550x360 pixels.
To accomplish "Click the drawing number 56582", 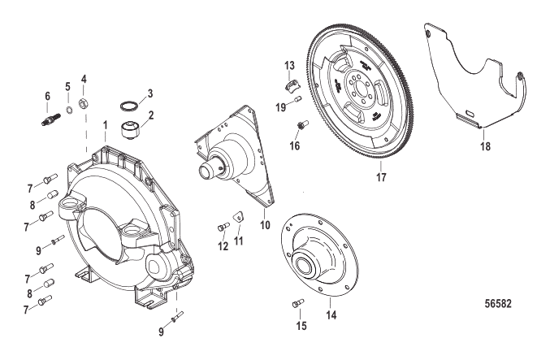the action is click(498, 303).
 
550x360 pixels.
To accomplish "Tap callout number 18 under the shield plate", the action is click(486, 146).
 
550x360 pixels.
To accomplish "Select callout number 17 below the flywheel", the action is click(381, 177).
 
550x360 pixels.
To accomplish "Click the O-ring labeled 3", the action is click(128, 106).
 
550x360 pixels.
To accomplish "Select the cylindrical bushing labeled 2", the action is click(130, 130).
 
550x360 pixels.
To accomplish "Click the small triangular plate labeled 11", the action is click(238, 216).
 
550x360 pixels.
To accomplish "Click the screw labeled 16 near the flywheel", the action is click(302, 125).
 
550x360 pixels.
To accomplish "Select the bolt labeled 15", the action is click(298, 303).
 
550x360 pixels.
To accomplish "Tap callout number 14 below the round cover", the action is click(331, 314).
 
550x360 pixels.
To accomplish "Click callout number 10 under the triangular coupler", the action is click(265, 224).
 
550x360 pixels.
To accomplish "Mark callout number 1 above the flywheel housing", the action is click(105, 125).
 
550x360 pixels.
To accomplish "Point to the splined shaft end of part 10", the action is click(208, 171).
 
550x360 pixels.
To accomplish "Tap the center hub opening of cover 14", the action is click(304, 263).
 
